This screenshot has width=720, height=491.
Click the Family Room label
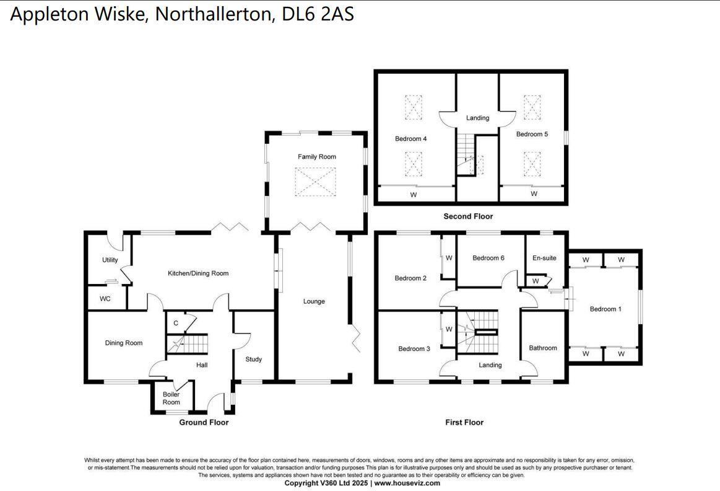click(x=316, y=157)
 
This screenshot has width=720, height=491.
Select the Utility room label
click(x=110, y=260)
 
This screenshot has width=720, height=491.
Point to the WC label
click(x=105, y=299)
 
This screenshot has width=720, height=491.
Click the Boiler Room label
click(x=171, y=398)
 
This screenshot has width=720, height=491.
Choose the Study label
click(x=253, y=360)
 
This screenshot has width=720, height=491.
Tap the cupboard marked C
click(x=176, y=323)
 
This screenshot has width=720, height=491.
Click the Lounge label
click(x=314, y=302)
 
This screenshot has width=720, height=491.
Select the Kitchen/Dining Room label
click(x=198, y=273)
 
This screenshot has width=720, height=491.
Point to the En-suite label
click(x=544, y=258)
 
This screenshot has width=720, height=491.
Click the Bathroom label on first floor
click(x=543, y=348)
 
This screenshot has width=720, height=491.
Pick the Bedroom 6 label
click(x=488, y=258)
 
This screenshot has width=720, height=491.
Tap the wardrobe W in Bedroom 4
click(x=413, y=194)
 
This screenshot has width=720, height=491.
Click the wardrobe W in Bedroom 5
click(x=534, y=194)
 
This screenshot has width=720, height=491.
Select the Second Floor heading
click(x=468, y=216)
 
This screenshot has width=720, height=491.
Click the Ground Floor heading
click(x=204, y=422)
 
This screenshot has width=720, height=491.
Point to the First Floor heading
click(x=464, y=422)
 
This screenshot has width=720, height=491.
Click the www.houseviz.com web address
click(x=407, y=483)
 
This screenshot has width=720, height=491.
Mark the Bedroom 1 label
click(x=605, y=309)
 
